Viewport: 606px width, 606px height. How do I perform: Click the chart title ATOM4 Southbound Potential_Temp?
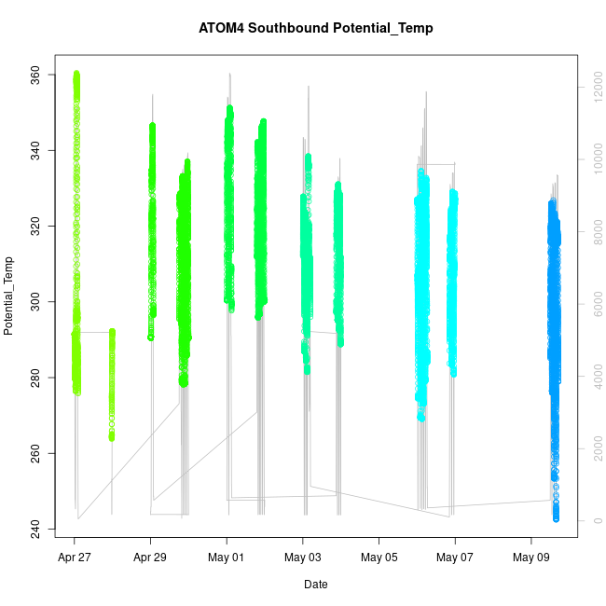316,28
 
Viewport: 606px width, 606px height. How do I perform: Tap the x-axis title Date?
316,585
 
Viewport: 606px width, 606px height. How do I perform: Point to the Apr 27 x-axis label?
75,558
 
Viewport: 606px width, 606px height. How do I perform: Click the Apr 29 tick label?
151,558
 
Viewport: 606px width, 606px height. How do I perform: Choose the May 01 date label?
227,558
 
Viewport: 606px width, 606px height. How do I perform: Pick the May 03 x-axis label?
303,558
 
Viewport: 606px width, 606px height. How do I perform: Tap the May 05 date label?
379,558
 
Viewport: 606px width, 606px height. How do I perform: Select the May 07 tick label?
455,558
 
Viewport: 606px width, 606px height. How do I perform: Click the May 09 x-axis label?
531,558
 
